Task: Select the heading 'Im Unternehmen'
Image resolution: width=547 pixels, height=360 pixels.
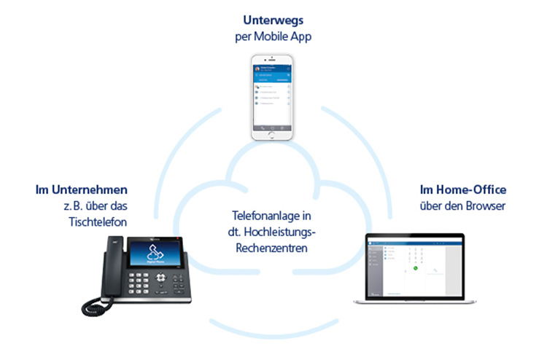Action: coord(76,191)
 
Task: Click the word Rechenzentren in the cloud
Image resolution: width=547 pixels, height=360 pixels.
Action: coord(272,249)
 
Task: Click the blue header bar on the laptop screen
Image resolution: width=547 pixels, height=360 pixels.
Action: coord(414,239)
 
